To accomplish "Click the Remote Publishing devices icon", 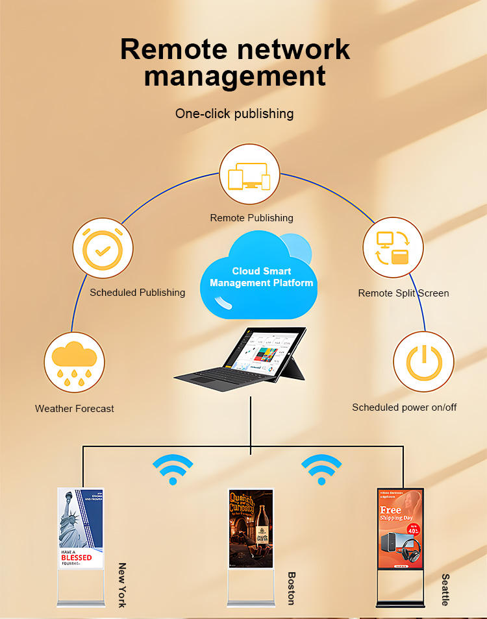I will pyautogui.click(x=249, y=175).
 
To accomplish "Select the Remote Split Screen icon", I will pyautogui.click(x=393, y=247).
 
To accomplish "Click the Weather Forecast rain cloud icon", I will pyautogui.click(x=74, y=362).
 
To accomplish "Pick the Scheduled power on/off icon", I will pyautogui.click(x=424, y=362).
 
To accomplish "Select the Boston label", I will pyautogui.click(x=292, y=588).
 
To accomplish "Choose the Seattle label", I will pyautogui.click(x=445, y=589).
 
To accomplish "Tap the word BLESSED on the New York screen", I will pyautogui.click(x=77, y=557).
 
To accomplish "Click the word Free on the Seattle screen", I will pyautogui.click(x=390, y=509).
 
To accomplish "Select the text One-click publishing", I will pyautogui.click(x=234, y=114).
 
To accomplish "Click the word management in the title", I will pyautogui.click(x=234, y=75).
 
